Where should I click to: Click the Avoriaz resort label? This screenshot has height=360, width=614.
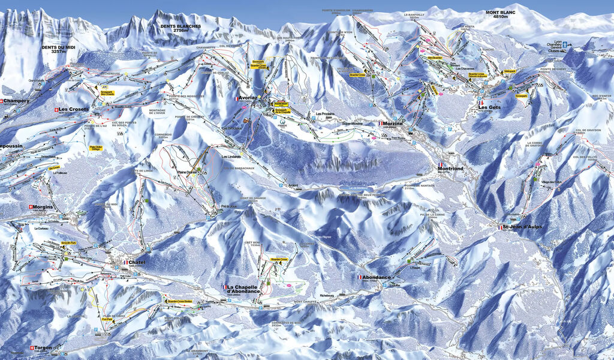[x=248, y=97]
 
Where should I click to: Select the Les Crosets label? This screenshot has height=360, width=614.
[x=74, y=109]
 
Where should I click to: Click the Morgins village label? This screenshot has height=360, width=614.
[x=44, y=207]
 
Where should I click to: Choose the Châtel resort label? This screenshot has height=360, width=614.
[x=137, y=262]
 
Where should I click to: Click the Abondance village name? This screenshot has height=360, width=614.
[x=377, y=277]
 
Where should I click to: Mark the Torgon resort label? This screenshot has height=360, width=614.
[x=43, y=347]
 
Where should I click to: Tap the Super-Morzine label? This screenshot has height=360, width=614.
[x=353, y=122]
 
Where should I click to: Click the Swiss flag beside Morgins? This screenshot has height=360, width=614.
[x=30, y=207]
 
